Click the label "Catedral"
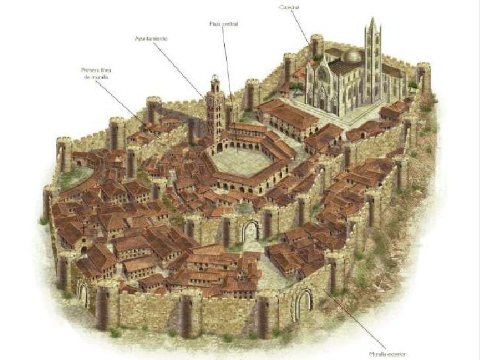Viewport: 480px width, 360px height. click(289, 7)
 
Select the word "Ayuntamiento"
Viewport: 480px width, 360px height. click(151, 39)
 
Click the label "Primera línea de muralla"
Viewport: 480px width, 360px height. click(94, 73)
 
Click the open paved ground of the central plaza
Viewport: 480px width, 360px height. click(240, 160)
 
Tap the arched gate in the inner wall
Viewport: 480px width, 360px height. click(250, 231)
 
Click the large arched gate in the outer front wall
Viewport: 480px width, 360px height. click(303, 305)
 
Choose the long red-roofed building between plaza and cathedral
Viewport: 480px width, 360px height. click(289, 117)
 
